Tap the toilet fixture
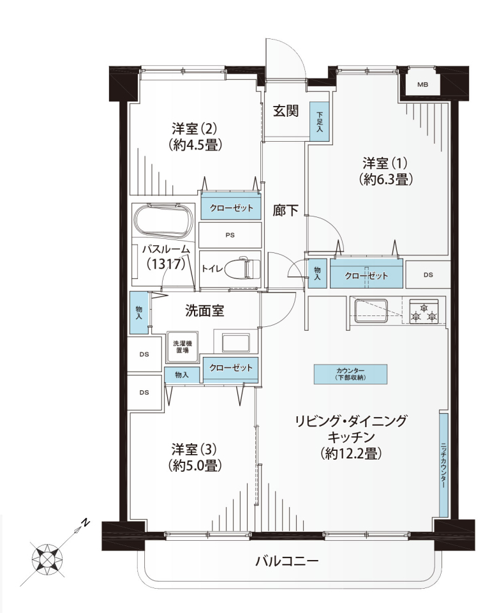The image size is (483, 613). [246, 268]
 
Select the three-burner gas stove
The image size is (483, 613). [424, 311]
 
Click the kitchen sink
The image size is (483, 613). [371, 311]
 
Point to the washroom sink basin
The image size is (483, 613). [235, 343]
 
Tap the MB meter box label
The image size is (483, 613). [422, 84]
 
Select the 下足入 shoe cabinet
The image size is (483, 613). [320, 121]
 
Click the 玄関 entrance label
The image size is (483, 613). [286, 111]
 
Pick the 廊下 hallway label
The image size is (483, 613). [286, 211]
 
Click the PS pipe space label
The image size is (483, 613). [230, 235]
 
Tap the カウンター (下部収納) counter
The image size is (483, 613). [350, 374]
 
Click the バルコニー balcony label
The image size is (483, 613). [287, 561]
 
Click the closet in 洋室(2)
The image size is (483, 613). [231, 208]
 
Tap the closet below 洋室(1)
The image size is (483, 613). [366, 275]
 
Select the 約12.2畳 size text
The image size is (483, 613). [351, 453]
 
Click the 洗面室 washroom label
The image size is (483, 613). [204, 311]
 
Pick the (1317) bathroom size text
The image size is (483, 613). [166, 264]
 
